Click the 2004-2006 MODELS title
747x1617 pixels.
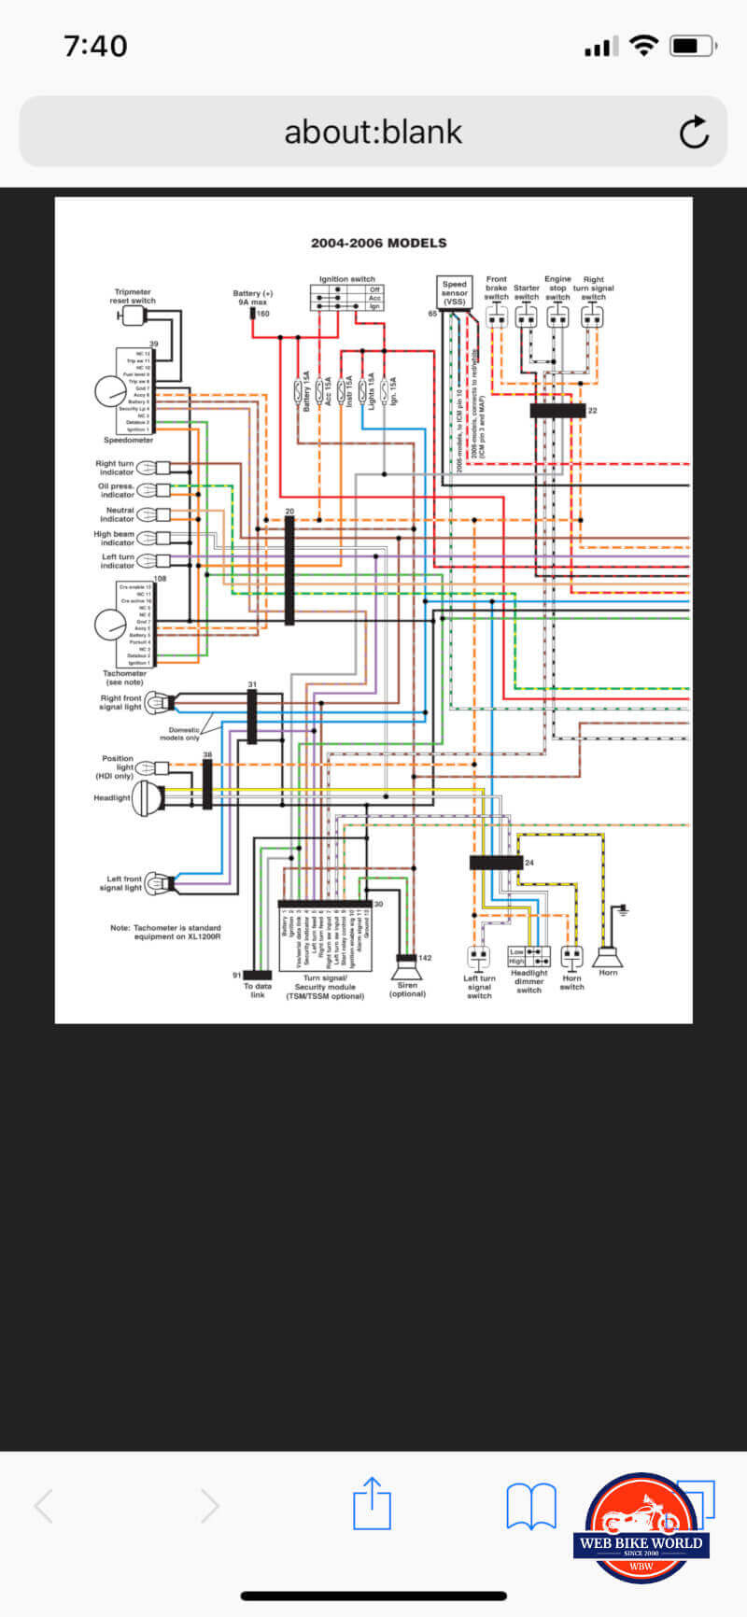click(378, 243)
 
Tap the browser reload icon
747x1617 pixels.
click(694, 133)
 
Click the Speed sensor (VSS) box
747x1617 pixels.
click(455, 292)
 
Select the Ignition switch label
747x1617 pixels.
click(346, 279)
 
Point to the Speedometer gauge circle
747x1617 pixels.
click(109, 391)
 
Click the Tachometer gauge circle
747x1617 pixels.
click(109, 625)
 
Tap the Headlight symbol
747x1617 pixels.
click(148, 798)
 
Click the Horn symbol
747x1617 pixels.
click(608, 954)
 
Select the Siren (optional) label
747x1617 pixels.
click(407, 990)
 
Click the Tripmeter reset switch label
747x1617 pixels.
click(133, 296)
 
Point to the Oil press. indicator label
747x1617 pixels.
click(116, 490)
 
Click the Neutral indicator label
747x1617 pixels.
click(120, 514)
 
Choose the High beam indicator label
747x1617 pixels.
click(114, 538)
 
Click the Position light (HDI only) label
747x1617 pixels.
click(117, 766)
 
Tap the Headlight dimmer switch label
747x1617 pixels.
click(529, 981)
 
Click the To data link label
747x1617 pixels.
click(258, 990)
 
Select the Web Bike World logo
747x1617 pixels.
click(641, 1529)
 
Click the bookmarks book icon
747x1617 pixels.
click(530, 1505)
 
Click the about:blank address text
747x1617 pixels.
click(373, 133)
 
